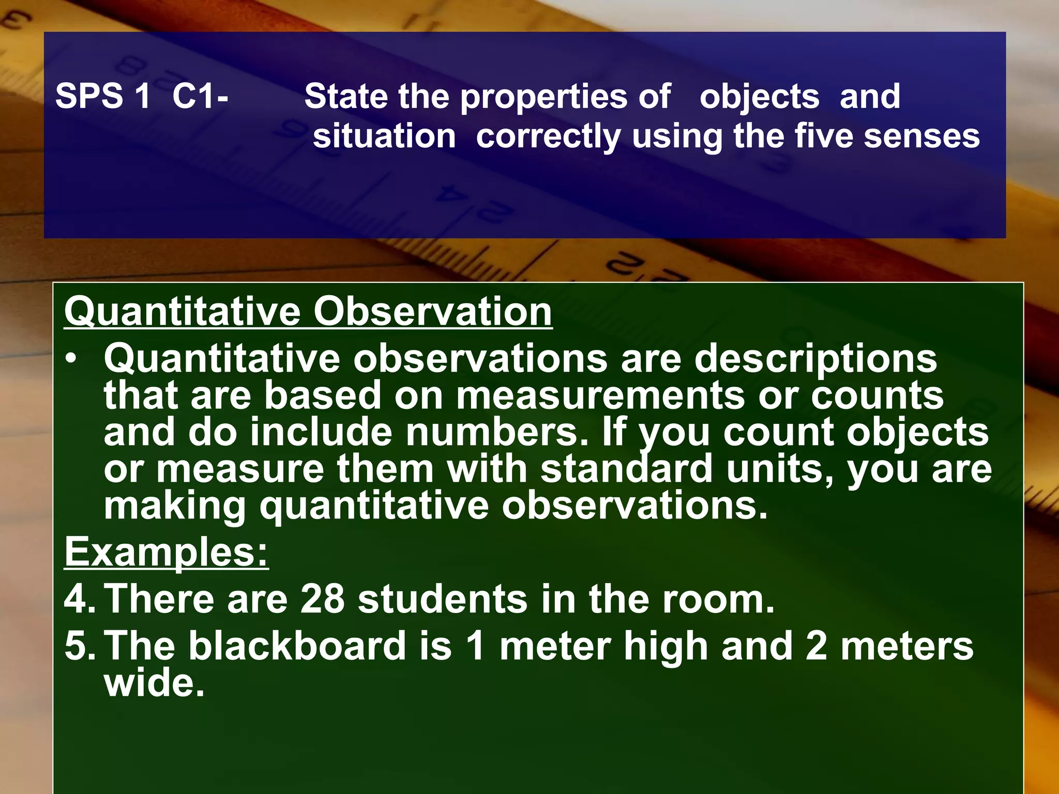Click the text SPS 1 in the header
pyautogui.click(x=102, y=97)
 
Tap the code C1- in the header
pyautogui.click(x=200, y=97)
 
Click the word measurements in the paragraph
pyautogui.click(x=601, y=396)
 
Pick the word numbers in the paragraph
pyautogui.click(x=497, y=432)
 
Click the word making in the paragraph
pyautogui.click(x=175, y=506)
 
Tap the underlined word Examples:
pyautogui.click(x=167, y=552)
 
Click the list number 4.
pyautogui.click(x=79, y=599)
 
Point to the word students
pyautogui.click(x=443, y=599)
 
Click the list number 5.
pyautogui.click(x=79, y=646)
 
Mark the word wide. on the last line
pyautogui.click(x=154, y=683)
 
